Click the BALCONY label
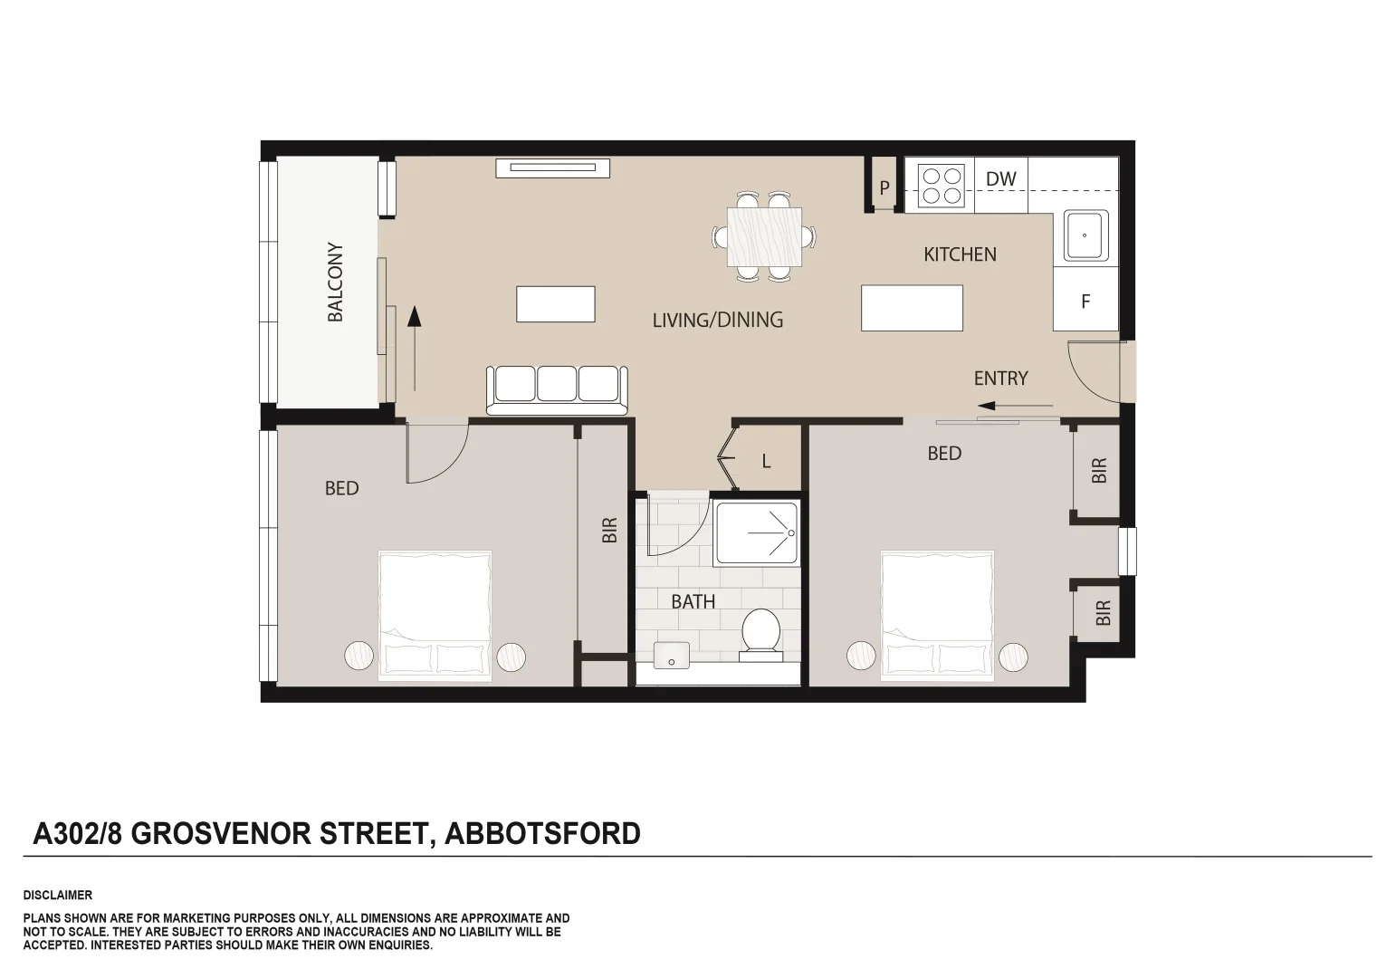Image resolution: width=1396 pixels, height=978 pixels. pos(335,282)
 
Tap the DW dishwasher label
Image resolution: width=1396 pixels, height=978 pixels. pos(1000,179)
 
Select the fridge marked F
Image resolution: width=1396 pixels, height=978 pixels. pos(1085,302)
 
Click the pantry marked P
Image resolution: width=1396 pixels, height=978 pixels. pos(884,187)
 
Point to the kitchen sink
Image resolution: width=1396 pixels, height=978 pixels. pos(1085,235)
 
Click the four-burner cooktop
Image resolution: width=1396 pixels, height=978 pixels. pos(940,185)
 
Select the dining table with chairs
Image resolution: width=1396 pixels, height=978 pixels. pos(765,236)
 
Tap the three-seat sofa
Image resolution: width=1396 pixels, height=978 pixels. pos(557,388)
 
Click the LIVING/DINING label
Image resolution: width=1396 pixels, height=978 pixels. pos(717,320)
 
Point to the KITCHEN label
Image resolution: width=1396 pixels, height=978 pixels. pos(960,254)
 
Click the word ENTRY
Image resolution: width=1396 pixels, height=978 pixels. pos(1000,379)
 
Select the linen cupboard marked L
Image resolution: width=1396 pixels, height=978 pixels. pos(766,461)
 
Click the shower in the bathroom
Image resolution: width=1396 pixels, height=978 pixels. pos(757,533)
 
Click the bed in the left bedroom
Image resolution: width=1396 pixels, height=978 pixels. pos(435,613)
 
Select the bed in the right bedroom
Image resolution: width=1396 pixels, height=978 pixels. pos(937,613)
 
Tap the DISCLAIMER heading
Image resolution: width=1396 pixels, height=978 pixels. pos(57,895)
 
